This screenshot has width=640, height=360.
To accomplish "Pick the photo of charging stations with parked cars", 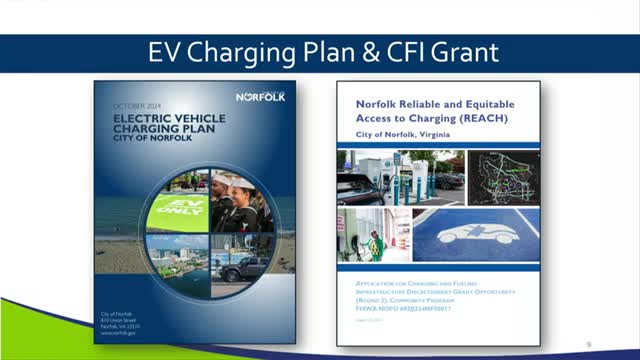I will click(x=400, y=178).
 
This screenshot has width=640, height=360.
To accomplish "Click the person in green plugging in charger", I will click(x=376, y=243).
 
